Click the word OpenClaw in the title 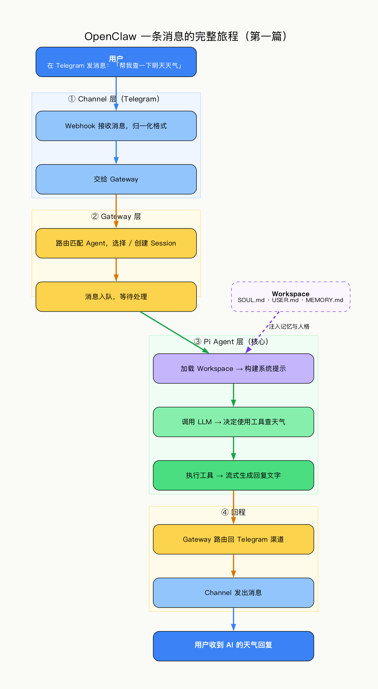[x=110, y=36]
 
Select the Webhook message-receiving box [x=116, y=126]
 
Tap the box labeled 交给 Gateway [x=116, y=179]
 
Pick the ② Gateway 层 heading [x=116, y=216]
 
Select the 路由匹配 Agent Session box [x=116, y=243]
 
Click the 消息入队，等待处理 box [x=116, y=297]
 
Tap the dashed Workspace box [x=290, y=296]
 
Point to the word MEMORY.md [x=324, y=300]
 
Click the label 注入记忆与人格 [x=289, y=326]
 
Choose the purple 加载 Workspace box [x=233, y=368]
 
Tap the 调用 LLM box [x=233, y=422]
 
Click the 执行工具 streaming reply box [x=233, y=475]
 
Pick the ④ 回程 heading [x=233, y=512]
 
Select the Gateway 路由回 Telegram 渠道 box [x=233, y=539]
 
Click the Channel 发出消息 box [x=233, y=593]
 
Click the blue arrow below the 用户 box [x=116, y=91]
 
